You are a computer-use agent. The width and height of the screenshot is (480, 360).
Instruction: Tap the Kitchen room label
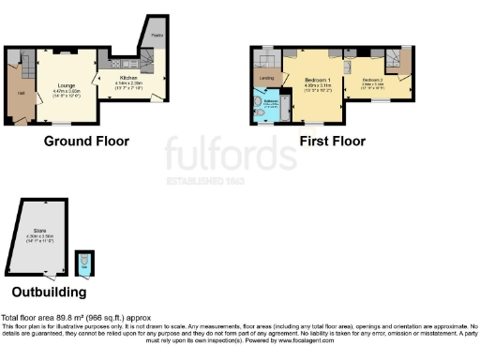click(x=127, y=77)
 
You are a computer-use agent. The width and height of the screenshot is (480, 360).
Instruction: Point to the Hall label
click(x=20, y=94)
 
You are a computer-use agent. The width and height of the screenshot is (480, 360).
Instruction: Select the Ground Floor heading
click(x=86, y=142)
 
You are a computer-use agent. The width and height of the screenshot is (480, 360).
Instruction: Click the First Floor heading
click(x=332, y=142)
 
